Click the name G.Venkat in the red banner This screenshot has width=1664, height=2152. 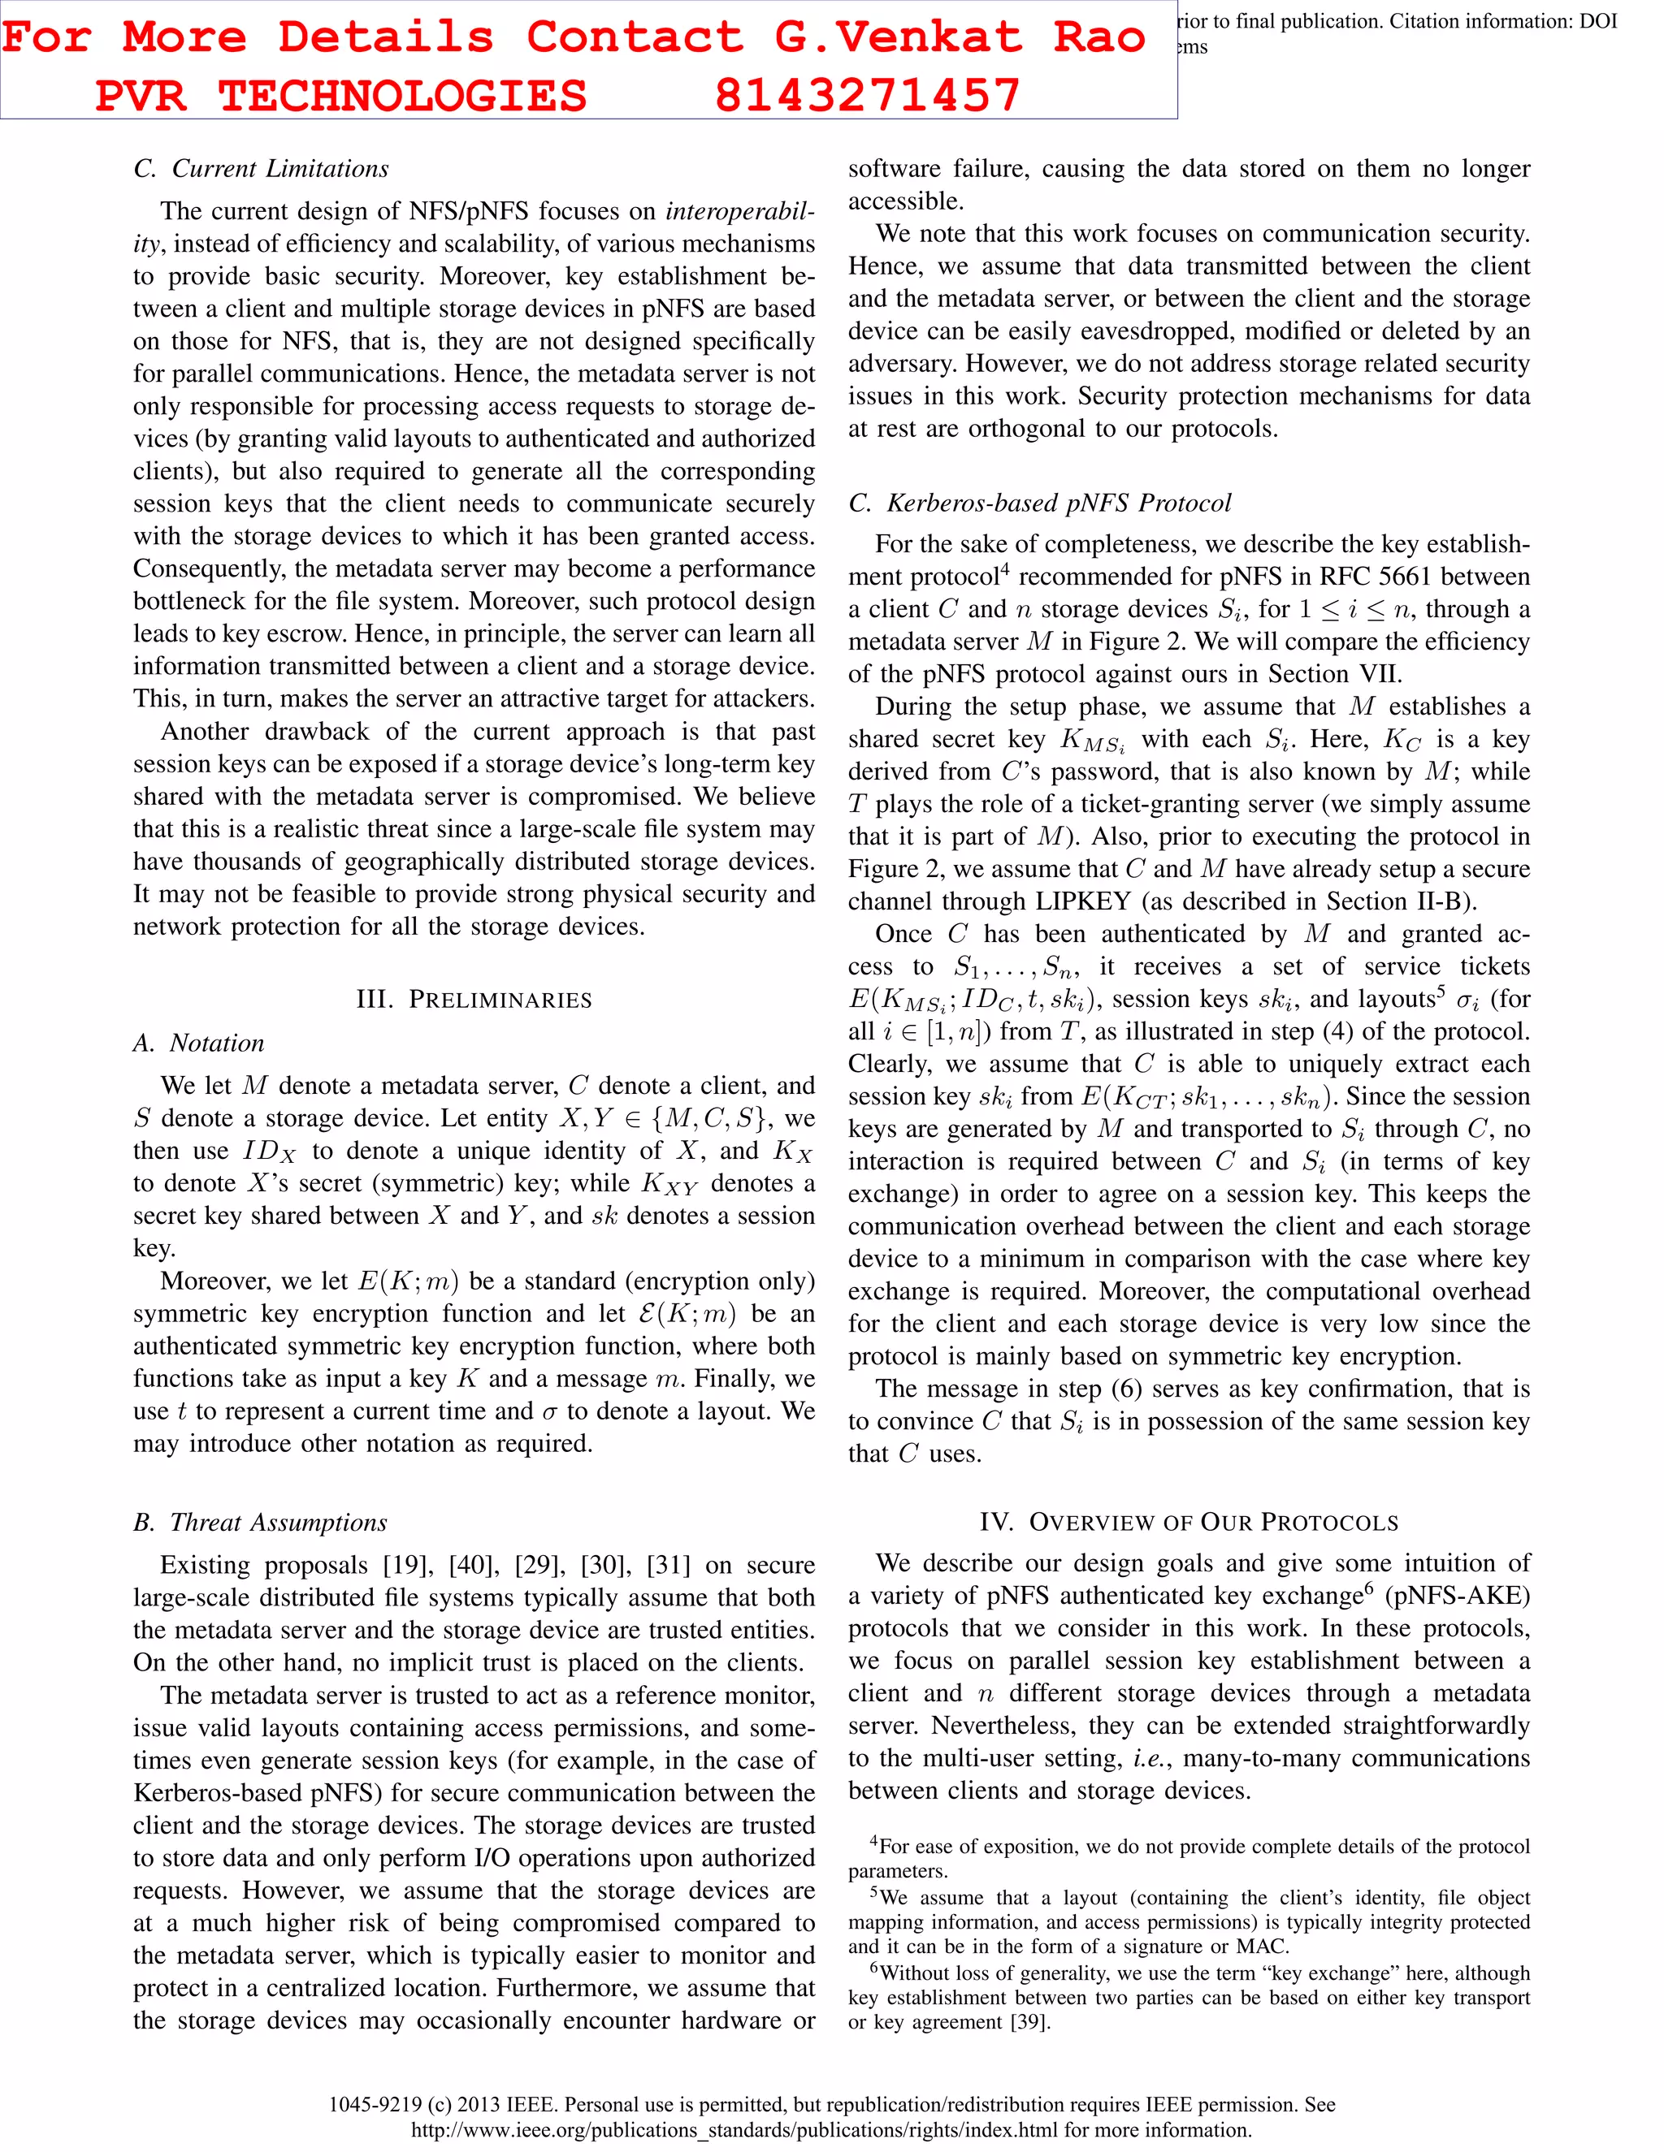(898, 37)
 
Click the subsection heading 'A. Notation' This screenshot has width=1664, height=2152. (199, 1043)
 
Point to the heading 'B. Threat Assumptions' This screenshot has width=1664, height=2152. (260, 1523)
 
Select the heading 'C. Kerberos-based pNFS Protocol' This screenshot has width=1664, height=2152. (1040, 503)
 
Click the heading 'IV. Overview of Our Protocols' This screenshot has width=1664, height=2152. (1189, 1523)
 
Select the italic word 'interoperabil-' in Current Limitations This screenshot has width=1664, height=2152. (739, 211)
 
